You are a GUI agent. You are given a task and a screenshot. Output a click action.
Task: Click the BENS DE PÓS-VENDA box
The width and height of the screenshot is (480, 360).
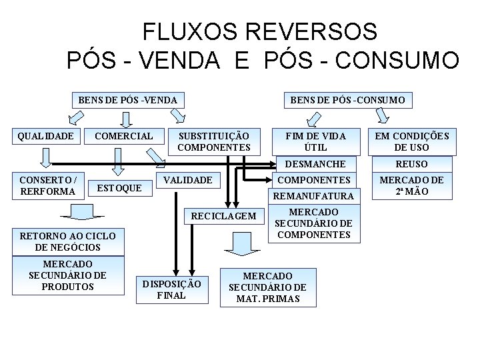click(128, 101)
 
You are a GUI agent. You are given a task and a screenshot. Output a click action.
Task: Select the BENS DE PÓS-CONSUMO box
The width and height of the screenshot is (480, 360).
click(347, 101)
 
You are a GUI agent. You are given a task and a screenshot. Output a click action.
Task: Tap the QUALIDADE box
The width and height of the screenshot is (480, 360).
click(46, 136)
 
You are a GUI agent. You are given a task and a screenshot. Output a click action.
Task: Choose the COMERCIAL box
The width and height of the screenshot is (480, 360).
click(124, 136)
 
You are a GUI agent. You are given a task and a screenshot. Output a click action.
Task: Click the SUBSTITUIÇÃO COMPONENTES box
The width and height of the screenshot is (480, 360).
click(215, 141)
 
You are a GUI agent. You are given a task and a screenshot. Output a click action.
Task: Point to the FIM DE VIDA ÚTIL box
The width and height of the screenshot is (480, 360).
click(315, 141)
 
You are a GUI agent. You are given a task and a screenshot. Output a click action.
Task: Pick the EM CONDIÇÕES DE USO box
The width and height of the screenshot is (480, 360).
click(411, 141)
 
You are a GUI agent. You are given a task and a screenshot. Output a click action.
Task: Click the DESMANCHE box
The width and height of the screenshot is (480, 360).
click(315, 164)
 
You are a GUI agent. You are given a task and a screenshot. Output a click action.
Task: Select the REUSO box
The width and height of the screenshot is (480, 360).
click(411, 164)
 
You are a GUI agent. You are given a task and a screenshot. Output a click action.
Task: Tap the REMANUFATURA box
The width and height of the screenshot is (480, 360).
click(315, 196)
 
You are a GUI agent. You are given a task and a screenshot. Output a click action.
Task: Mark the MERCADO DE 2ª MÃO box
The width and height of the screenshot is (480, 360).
click(411, 186)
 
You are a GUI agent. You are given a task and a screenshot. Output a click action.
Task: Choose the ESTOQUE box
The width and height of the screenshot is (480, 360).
click(119, 188)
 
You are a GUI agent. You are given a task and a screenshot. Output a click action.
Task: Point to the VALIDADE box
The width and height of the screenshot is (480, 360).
click(188, 180)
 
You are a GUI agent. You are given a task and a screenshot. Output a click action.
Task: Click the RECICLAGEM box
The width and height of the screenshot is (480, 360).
click(223, 216)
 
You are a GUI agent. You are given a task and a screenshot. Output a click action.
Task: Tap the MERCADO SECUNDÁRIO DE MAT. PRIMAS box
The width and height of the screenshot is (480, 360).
click(268, 287)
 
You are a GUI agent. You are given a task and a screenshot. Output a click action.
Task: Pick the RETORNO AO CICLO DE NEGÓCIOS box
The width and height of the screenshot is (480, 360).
click(67, 241)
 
